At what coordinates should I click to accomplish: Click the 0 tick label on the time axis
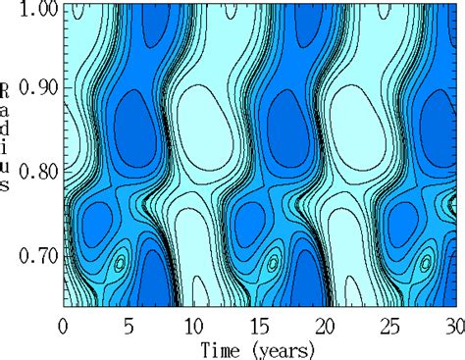pos(64,325)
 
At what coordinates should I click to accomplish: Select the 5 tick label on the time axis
pos(129,325)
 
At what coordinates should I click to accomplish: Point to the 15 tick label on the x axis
pos(261,325)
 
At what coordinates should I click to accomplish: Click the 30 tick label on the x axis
pos(453,325)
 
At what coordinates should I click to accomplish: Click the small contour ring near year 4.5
pos(121,263)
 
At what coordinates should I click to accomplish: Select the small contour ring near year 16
pos(274,262)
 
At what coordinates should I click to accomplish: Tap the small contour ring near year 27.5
pos(426,263)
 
